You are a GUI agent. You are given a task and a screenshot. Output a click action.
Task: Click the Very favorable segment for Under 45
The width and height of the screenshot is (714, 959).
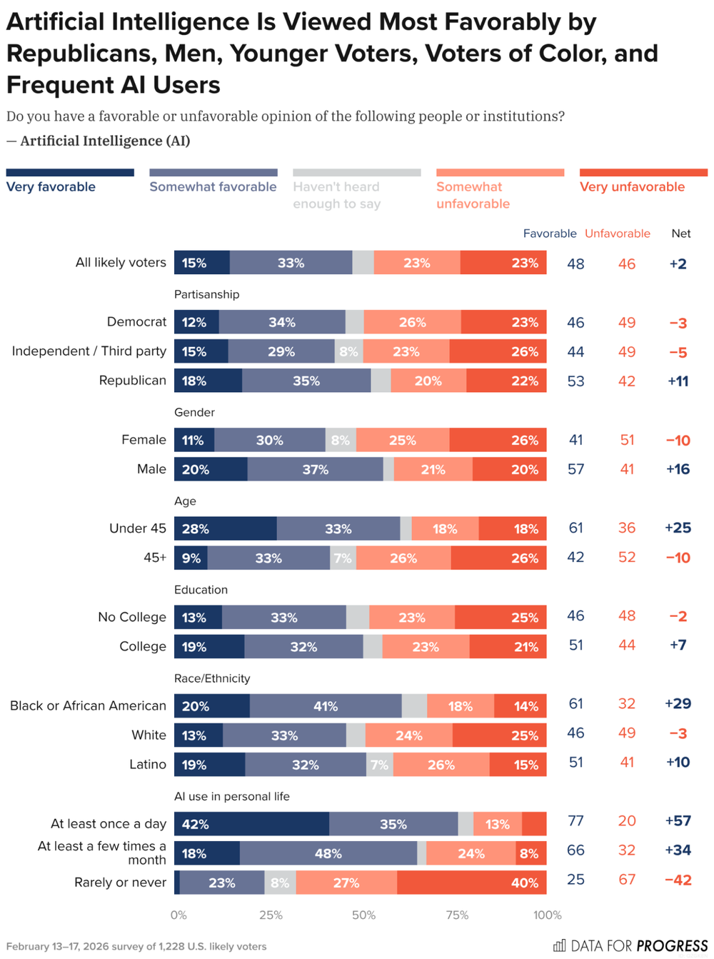point(225,528)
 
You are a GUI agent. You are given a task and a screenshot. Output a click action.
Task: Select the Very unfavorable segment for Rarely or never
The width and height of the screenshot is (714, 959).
point(471,883)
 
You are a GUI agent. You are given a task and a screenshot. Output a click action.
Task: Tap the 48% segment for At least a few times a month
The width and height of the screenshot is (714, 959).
point(328,853)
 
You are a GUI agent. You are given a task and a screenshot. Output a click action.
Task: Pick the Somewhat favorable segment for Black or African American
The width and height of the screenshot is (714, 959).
point(326,706)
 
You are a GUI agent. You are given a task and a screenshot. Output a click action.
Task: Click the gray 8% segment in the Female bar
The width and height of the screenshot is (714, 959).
point(341,440)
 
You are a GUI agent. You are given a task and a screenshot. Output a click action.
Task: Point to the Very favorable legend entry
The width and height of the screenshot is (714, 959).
point(51,186)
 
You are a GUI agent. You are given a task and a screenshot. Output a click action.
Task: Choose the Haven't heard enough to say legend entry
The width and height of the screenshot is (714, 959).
point(336,195)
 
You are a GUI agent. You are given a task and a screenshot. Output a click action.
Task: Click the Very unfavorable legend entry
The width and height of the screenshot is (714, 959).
point(632,186)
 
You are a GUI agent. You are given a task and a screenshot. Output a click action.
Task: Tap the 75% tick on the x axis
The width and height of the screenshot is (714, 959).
point(457,915)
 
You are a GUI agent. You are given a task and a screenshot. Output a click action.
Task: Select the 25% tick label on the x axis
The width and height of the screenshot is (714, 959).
point(271,915)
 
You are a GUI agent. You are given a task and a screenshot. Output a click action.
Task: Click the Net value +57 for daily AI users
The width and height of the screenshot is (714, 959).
point(678,820)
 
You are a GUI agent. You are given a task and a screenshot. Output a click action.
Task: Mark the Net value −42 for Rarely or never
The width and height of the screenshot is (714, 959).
point(678,880)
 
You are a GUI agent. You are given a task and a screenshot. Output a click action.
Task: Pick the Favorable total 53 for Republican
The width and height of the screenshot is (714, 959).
point(575,381)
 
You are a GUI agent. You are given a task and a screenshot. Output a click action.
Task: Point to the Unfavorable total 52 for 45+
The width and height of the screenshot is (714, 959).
point(626,557)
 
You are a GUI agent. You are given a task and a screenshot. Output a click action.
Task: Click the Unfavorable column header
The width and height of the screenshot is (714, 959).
point(618,234)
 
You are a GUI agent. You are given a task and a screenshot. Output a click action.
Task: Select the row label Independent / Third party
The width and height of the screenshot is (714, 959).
point(89,351)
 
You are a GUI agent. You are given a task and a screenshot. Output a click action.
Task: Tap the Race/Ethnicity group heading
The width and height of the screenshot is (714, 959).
point(212,678)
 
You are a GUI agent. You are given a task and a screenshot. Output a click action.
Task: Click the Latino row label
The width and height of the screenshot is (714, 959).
point(148,764)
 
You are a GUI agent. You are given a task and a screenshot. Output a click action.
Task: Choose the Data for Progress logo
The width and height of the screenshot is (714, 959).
point(630,946)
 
